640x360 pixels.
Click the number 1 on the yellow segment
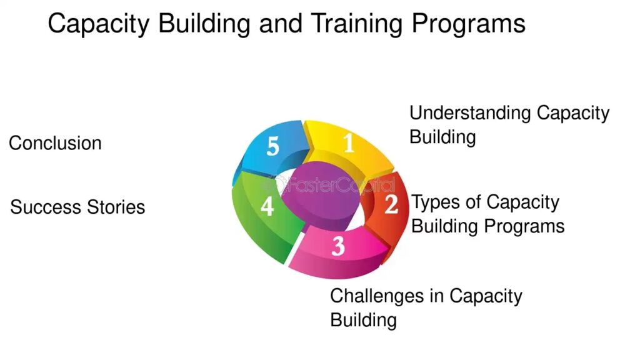(x=349, y=142)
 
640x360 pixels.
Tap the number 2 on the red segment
(x=391, y=204)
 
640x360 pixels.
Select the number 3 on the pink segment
(x=338, y=246)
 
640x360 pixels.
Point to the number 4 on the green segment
(x=267, y=206)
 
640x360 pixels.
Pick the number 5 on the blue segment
(x=272, y=146)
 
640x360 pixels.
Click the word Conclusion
(x=55, y=143)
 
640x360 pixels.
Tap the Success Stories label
(x=77, y=207)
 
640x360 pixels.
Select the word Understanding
(x=470, y=114)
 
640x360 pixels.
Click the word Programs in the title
(x=468, y=24)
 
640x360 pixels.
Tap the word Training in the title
(x=356, y=24)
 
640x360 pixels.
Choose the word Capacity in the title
(x=98, y=24)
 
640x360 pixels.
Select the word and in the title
(x=281, y=23)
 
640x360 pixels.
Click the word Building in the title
(x=204, y=24)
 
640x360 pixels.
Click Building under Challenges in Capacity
(x=363, y=320)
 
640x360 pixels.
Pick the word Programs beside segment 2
(x=525, y=226)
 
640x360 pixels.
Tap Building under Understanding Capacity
(x=442, y=137)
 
